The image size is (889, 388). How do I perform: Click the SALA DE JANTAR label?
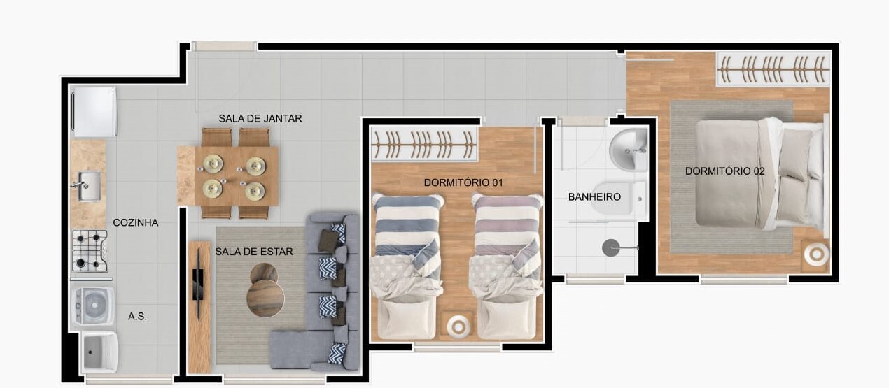click(x=260, y=119)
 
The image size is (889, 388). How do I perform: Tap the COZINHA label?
click(x=136, y=223)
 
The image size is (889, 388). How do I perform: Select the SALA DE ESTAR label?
click(x=254, y=252)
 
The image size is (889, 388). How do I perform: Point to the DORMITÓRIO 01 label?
click(x=463, y=182)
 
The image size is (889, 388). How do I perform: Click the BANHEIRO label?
click(x=594, y=197)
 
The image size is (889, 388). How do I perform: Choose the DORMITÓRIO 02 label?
click(x=724, y=171)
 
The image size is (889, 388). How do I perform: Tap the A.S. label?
click(x=137, y=317)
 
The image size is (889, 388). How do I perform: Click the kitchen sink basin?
click(x=87, y=186)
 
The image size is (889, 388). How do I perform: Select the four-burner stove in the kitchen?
click(x=90, y=251)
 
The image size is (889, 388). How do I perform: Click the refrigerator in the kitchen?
click(x=94, y=112)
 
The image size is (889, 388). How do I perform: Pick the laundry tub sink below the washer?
click(x=100, y=352)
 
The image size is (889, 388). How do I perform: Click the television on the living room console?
click(x=198, y=284)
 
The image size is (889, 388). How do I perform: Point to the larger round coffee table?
click(x=265, y=298)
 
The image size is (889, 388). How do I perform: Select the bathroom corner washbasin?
click(x=629, y=150)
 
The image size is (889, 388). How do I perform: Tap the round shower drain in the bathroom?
click(x=611, y=248)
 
